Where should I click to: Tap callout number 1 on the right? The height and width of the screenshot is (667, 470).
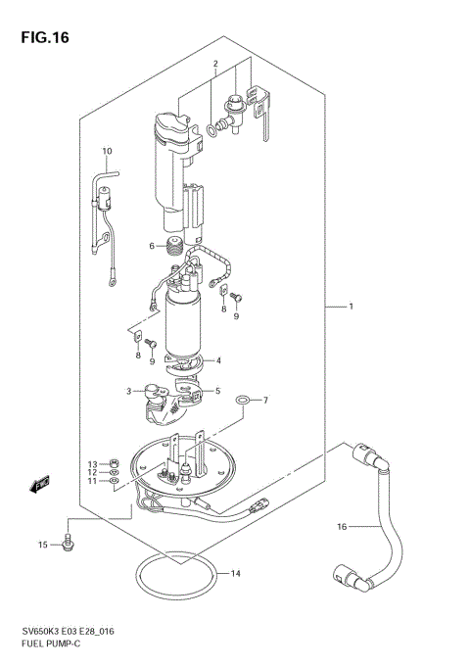352,308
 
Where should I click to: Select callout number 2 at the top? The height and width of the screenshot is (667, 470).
213,66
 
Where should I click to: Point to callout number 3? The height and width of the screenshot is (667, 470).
128,392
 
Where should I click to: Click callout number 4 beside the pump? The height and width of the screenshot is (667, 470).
218,360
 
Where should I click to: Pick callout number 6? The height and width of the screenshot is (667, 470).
153,246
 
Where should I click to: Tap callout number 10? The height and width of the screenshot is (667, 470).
108,151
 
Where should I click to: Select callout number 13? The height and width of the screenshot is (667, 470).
93,463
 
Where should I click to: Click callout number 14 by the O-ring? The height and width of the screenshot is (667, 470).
234,573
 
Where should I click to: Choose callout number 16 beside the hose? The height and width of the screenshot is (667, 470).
342,527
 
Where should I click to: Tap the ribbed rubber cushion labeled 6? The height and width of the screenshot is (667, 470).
176,246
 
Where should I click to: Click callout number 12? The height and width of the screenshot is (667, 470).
93,472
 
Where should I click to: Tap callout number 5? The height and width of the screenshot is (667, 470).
218,391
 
